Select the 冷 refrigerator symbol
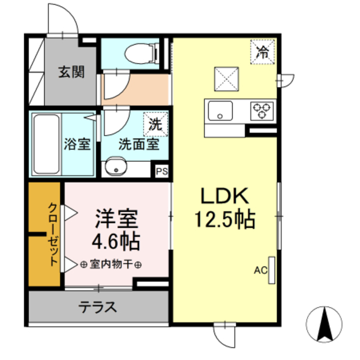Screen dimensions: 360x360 [x=262, y=53]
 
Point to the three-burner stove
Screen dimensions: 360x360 [x=261, y=110]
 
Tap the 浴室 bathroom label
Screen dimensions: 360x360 [x=77, y=143]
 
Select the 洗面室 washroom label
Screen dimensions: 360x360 [x=138, y=143]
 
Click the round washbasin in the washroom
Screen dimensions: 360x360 [x=117, y=168]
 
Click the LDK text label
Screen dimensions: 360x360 [x=225, y=197]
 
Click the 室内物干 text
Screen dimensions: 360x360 [x=111, y=264]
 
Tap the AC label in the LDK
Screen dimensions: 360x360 [x=260, y=271]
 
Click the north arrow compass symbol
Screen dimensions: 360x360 [x=325, y=325]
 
